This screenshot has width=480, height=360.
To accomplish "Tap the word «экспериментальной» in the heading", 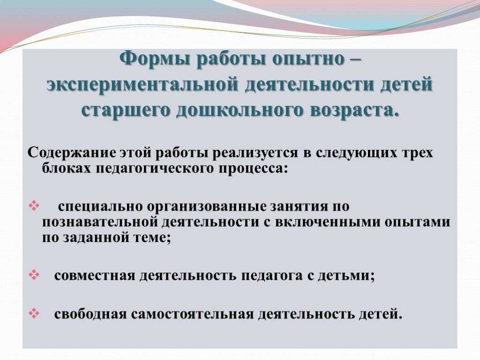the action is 142,84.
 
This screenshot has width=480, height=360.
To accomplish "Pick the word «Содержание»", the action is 72,152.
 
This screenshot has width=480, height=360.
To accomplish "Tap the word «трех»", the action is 416,153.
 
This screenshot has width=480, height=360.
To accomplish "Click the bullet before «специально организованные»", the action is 34,205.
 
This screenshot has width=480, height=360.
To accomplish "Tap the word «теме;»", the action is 152,238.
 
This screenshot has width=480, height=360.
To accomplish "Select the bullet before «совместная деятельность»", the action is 34,275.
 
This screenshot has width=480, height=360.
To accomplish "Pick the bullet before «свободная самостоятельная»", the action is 34,313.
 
